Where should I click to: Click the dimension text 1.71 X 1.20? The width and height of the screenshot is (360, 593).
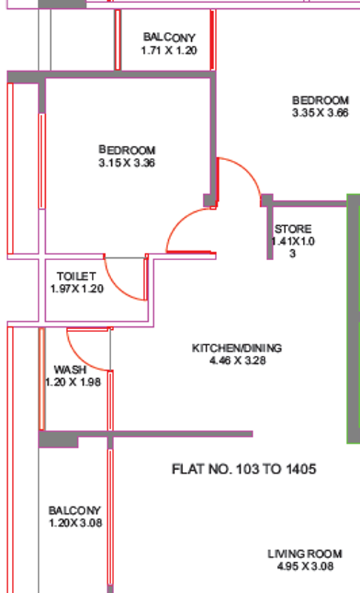(x=169, y=50)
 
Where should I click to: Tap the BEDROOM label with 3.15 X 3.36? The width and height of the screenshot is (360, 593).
(x=127, y=150)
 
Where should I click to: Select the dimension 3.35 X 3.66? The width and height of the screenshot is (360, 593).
(x=320, y=113)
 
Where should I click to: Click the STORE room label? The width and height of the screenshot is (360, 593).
(x=293, y=229)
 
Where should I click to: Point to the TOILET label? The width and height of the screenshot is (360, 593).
(x=76, y=276)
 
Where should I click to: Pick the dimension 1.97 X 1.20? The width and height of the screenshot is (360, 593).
(x=77, y=288)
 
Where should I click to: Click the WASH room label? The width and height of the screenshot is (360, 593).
(x=70, y=369)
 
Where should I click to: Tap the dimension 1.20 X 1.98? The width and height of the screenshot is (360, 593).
(x=73, y=382)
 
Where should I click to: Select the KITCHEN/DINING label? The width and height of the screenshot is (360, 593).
(x=237, y=348)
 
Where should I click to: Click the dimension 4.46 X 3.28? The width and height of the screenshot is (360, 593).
(x=238, y=360)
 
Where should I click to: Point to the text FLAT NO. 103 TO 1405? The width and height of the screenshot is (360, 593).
(x=244, y=469)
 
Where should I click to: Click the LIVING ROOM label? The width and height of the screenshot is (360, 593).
(x=305, y=554)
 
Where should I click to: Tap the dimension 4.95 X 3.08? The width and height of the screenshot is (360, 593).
(x=305, y=566)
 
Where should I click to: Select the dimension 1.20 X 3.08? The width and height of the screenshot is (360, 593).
(x=76, y=523)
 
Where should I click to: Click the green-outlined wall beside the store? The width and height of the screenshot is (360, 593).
(x=353, y=319)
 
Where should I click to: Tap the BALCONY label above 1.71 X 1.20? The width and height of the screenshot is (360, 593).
(x=169, y=38)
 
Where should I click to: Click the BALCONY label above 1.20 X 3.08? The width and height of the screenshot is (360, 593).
(x=74, y=511)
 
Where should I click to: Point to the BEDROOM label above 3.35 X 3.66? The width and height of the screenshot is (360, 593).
(x=320, y=100)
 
